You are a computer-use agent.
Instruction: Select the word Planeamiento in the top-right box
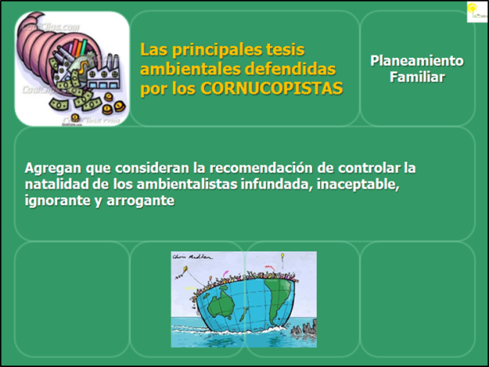click(x=417, y=60)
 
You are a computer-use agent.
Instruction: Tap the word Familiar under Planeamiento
click(x=417, y=77)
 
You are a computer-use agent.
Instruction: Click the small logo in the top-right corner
click(x=476, y=12)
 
